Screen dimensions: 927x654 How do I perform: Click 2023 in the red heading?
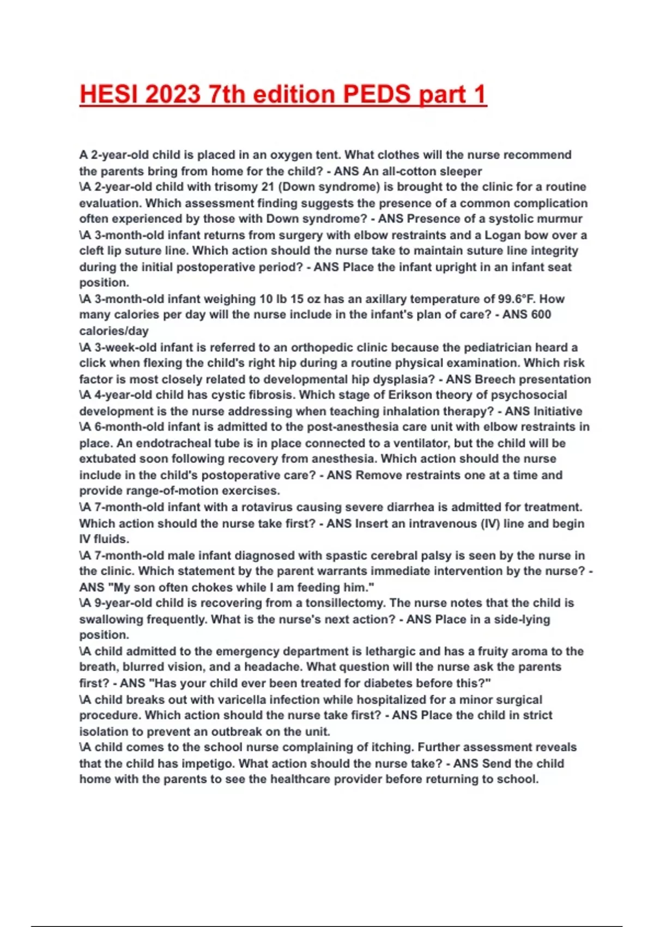point(173,94)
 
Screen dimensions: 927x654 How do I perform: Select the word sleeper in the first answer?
point(461,171)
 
